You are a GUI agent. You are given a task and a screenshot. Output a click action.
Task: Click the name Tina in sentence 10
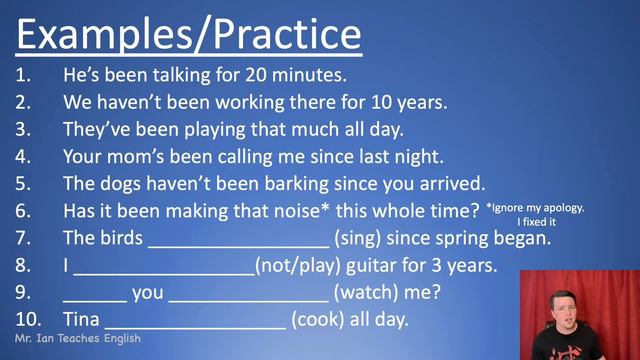click(81, 320)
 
